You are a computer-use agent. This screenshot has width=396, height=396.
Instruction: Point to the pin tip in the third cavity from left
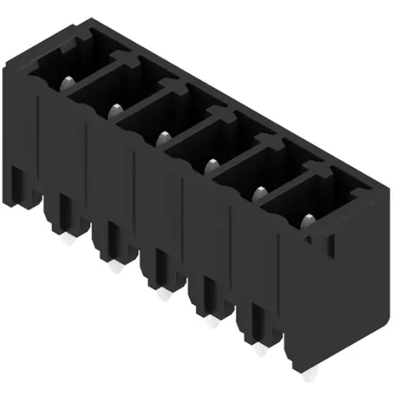point(163,136)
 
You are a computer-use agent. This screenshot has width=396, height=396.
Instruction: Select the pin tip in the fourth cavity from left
point(211,165)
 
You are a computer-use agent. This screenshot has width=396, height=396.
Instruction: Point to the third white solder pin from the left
point(162,294)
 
